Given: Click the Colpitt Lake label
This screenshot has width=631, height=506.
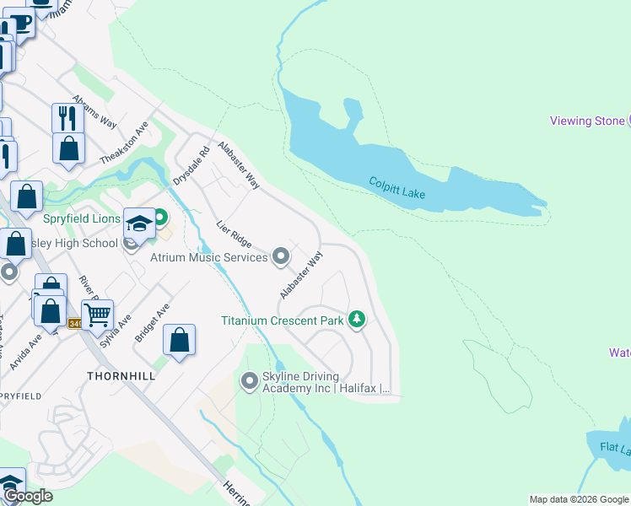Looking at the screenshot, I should [396, 188].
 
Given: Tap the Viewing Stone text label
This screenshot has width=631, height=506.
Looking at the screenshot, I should [587, 121].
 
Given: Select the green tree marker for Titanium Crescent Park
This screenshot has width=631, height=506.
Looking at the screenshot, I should [358, 320].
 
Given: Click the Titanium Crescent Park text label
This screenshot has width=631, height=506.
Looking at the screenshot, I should [283, 320].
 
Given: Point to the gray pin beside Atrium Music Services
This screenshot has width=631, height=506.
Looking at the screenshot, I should [281, 256].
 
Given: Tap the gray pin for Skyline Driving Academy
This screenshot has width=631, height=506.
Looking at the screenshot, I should [249, 382].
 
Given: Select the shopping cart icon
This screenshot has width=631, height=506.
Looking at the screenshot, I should [97, 315].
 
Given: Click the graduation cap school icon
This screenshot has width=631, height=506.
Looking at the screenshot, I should [139, 223].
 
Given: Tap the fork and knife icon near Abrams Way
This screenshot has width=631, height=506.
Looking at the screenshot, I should [67, 118].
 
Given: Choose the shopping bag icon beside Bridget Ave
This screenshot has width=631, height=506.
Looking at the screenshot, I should [179, 341].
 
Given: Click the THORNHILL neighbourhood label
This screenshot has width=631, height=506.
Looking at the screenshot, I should [121, 375].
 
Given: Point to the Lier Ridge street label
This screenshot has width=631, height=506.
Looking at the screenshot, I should [234, 235].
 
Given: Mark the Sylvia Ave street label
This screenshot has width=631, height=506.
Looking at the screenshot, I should [116, 331].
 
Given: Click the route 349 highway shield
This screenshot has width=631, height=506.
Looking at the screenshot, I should [75, 324].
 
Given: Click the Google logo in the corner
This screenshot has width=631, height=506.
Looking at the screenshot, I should [27, 496].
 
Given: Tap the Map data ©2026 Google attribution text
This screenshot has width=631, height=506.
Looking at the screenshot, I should [580, 499].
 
